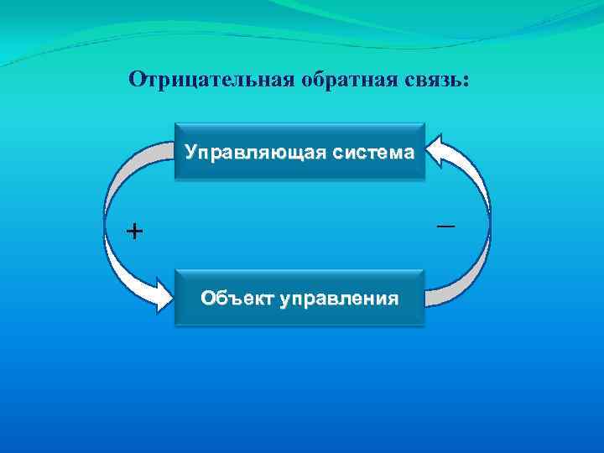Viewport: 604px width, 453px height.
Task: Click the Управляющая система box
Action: pos(299,152)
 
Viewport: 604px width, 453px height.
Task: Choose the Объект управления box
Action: pos(299,298)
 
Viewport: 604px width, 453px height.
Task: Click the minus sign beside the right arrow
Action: pos(445,226)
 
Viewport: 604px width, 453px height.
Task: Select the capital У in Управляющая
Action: pos(191,153)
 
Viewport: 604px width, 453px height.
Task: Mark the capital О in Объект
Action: pos(206,299)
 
